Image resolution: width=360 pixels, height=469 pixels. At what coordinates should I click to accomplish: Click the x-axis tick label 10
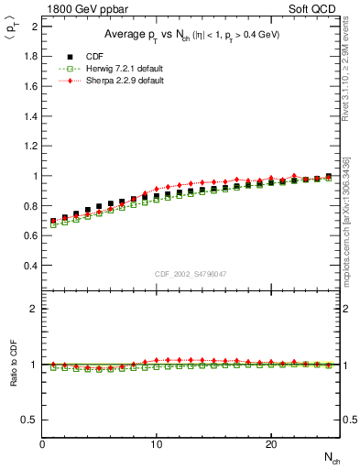[157, 444]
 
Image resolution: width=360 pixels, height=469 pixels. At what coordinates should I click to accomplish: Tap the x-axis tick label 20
[271, 444]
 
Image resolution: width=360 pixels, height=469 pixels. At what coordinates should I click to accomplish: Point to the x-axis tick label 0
[43, 444]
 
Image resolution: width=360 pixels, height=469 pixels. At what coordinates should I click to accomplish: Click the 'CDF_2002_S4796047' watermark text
[191, 273]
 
